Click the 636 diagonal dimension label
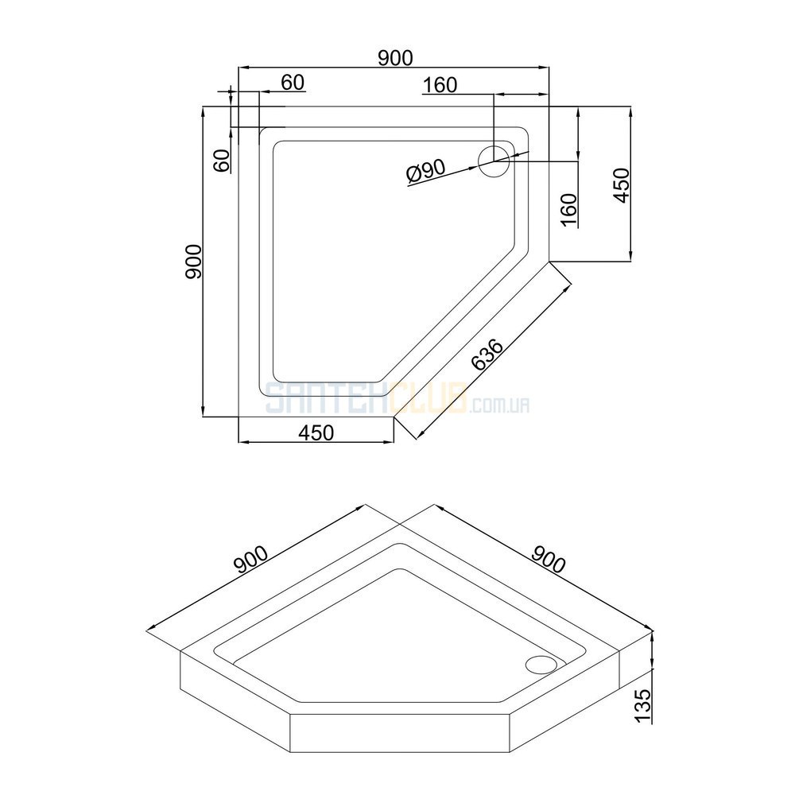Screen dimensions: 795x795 [x=487, y=354]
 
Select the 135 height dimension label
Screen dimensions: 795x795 [x=642, y=706]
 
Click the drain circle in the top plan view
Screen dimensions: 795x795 [x=494, y=161]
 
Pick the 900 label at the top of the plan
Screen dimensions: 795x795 [x=395, y=58]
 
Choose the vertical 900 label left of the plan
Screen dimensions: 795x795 [x=194, y=262]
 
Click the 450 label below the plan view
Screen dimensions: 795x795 [x=316, y=432]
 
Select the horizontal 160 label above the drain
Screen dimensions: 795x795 [x=440, y=85]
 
